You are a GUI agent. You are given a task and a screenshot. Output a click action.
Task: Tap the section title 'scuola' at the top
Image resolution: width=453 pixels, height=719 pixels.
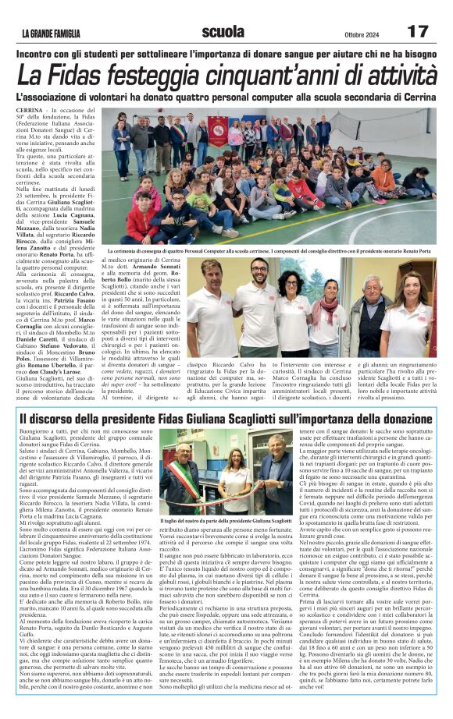pos(222,31)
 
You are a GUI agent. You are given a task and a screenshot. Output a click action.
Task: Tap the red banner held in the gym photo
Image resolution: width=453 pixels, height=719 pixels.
pos(216,129)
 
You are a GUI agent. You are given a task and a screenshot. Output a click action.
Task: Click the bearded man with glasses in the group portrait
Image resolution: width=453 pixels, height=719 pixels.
pos(259,304)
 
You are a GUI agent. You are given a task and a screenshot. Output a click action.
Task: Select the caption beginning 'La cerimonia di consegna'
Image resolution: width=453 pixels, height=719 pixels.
pos(273,252)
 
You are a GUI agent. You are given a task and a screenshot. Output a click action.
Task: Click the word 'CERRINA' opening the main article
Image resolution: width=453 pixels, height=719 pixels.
pos(30,112)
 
